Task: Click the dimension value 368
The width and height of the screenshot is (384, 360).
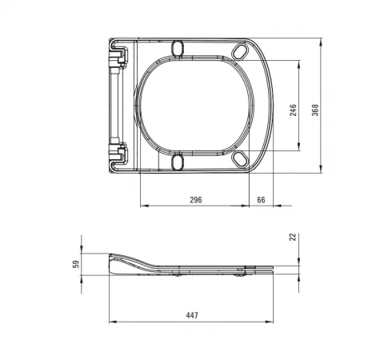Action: (x=315, y=110)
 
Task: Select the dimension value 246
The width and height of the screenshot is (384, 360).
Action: (x=293, y=110)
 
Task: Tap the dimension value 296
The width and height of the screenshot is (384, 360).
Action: (x=196, y=200)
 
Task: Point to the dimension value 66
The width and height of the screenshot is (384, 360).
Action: (x=261, y=200)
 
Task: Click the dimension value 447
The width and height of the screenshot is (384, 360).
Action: (x=192, y=315)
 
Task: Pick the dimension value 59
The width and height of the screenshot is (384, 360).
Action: (x=76, y=264)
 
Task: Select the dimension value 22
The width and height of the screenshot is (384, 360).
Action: (x=293, y=237)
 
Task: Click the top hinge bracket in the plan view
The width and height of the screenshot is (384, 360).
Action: (x=118, y=57)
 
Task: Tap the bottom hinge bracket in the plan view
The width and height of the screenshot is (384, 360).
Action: (x=118, y=153)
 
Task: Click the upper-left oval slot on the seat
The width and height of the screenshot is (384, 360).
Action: (x=178, y=48)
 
